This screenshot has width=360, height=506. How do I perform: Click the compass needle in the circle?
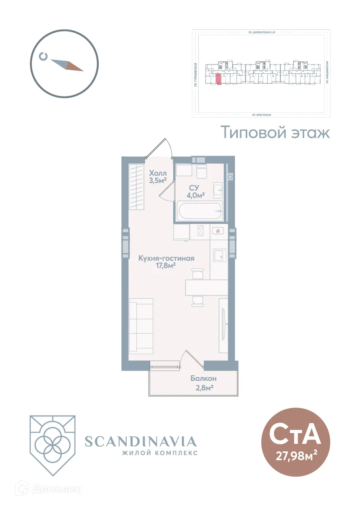click(x=67, y=65)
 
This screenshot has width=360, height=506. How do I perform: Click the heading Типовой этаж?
click(x=276, y=132)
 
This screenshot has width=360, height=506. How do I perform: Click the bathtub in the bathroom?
click(x=200, y=211)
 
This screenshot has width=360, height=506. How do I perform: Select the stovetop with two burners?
click(x=200, y=231)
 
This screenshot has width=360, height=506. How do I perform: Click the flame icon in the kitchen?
click(x=217, y=231)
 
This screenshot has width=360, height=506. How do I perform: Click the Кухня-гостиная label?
click(x=166, y=258)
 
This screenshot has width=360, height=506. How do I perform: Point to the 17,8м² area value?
click(x=166, y=266)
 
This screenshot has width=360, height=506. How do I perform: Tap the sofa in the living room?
click(x=141, y=325)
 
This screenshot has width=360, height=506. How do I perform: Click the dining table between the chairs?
click(x=206, y=287)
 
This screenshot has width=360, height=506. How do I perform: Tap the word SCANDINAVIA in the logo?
click(x=141, y=441)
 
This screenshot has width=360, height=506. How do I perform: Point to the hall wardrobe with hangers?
click(x=136, y=187)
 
